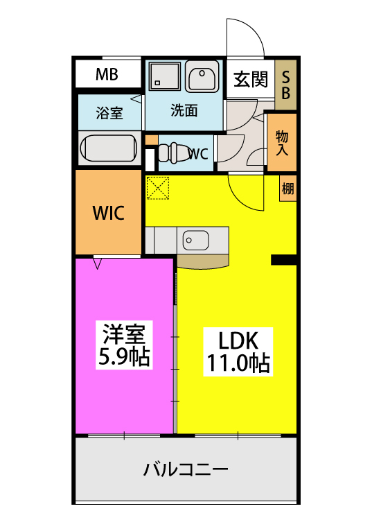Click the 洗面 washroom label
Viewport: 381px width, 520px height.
tap(184, 110)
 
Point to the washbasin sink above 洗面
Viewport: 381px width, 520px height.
tap(202, 78)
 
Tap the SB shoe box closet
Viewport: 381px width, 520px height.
tap(285, 84)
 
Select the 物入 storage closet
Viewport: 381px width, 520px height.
tap(283, 143)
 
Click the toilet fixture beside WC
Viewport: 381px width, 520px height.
tap(172, 153)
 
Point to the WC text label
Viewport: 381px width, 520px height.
tap(199, 154)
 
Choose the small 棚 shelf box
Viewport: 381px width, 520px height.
tap(287, 188)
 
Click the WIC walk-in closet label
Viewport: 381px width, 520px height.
tap(109, 213)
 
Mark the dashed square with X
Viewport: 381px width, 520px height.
tap(158, 188)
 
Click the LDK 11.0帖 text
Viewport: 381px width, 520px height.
tap(238, 352)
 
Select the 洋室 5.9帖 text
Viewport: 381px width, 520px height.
tap(125, 347)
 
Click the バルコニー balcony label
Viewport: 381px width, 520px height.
tap(186, 469)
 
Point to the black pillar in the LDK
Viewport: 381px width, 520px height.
tap(283, 259)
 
